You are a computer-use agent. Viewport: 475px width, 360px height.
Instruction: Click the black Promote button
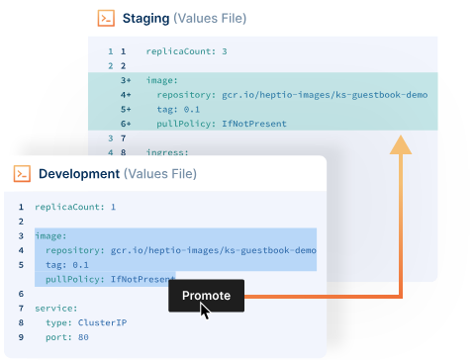[x=206, y=295]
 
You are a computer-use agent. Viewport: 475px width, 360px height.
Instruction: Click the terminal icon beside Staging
[x=106, y=19]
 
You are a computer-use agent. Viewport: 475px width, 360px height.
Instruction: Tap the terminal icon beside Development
[x=22, y=174]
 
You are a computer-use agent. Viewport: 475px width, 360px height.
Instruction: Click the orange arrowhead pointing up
[x=400, y=145]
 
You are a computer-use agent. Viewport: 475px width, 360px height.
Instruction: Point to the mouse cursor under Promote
[x=205, y=311]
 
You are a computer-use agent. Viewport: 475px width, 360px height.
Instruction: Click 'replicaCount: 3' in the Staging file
[x=186, y=50]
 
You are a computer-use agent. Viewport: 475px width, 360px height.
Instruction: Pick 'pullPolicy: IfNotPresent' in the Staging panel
[x=222, y=124]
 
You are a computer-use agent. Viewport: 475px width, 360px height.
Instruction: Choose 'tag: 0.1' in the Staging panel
[x=178, y=109]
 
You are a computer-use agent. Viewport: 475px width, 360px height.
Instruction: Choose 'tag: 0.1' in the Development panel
[x=67, y=265]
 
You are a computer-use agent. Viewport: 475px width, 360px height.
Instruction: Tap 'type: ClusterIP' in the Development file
[x=86, y=322]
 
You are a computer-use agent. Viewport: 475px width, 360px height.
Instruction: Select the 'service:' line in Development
[x=56, y=309]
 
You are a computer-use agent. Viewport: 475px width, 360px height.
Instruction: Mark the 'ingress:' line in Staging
[x=167, y=153]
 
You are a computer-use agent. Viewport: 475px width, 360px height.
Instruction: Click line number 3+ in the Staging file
[x=126, y=79]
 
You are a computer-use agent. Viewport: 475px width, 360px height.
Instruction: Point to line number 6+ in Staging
[x=126, y=124]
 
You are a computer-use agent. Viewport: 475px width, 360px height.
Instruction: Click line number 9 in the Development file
[x=21, y=337]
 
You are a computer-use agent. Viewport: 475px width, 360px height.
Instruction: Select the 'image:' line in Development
[x=50, y=236]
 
